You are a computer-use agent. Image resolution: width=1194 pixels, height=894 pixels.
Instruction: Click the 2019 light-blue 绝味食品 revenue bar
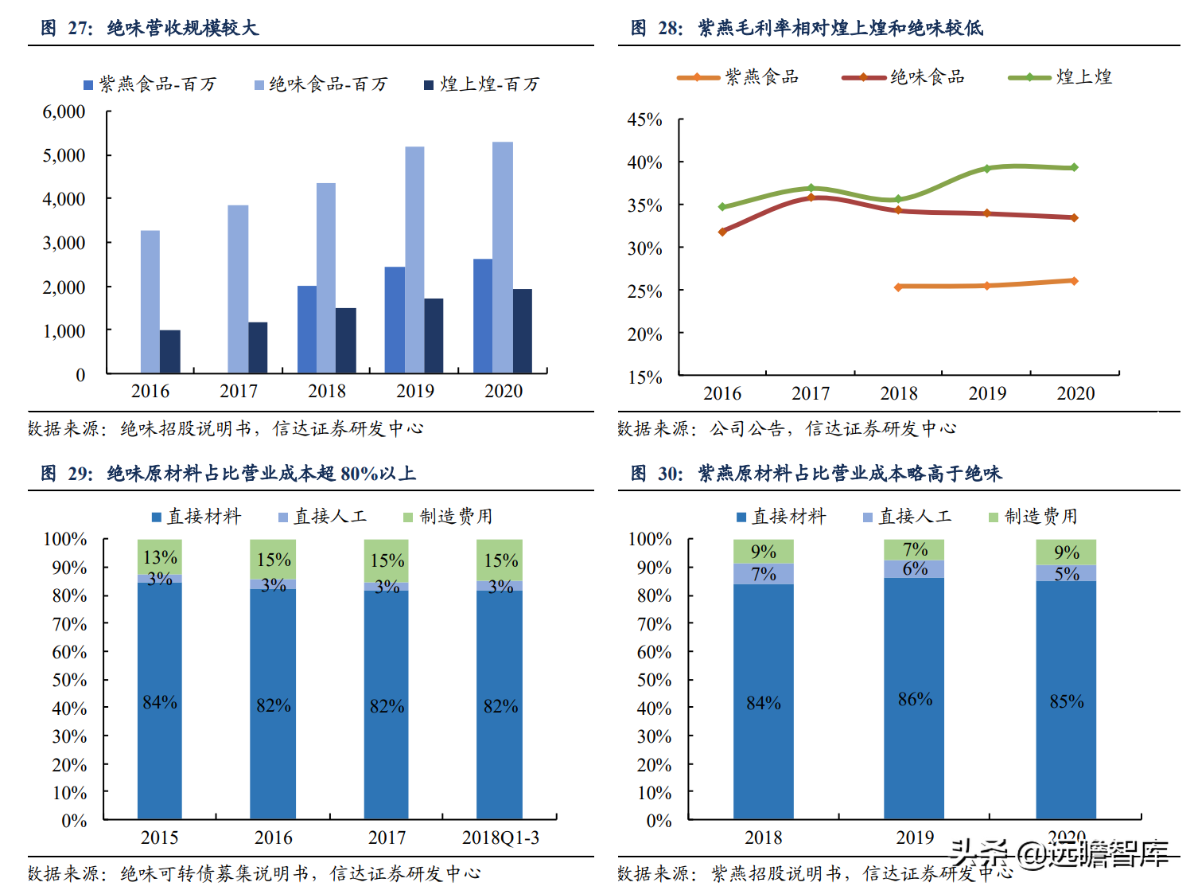tap(414, 259)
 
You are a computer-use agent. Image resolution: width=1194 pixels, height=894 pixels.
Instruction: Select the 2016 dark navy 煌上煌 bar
tap(169, 351)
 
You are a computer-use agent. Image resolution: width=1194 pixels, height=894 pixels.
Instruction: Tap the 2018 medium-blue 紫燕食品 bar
tap(307, 329)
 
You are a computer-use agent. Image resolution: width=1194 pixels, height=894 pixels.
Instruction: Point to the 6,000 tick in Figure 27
tap(64, 111)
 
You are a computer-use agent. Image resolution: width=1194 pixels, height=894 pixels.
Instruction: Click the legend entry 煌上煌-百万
tap(481, 84)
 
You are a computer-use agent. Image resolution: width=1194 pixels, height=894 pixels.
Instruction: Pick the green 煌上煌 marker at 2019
tap(986, 169)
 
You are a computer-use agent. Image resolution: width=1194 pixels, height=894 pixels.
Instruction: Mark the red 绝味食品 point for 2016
tap(722, 232)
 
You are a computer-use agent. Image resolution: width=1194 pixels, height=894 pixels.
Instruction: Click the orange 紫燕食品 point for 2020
tap(1074, 281)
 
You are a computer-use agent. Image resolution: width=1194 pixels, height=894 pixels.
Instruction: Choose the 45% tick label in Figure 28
tap(644, 119)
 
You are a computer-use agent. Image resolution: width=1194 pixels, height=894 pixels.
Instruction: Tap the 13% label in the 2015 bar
tap(160, 557)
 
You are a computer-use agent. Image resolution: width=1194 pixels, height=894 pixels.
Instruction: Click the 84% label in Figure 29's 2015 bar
tap(160, 702)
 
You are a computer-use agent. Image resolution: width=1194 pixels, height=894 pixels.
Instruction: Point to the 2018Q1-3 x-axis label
tap(500, 837)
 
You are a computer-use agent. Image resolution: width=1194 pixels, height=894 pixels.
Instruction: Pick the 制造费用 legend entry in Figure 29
tap(449, 517)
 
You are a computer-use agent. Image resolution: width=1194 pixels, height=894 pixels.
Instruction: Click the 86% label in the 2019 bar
tap(915, 699)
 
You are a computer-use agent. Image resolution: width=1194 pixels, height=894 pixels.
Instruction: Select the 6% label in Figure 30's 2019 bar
tap(915, 568)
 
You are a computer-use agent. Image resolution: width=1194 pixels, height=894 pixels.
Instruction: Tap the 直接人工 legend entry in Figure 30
tap(908, 517)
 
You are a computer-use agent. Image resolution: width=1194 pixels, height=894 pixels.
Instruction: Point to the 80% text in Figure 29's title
tap(359, 474)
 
